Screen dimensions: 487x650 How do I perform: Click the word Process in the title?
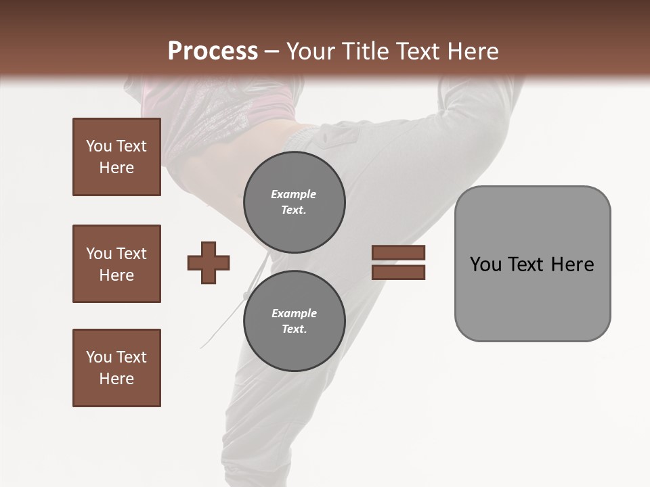213,51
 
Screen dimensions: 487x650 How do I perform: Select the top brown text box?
116,157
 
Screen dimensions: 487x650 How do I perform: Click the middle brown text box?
116,264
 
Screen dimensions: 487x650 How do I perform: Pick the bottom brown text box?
116,368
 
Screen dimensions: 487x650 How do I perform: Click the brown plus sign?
209,262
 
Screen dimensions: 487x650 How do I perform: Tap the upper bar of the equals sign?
398,253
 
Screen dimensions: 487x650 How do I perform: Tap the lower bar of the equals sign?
398,272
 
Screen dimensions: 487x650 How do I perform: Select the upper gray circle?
295,202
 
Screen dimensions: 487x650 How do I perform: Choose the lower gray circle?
295,321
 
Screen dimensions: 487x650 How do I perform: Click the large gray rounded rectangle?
532,263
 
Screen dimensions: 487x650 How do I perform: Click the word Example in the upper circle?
294,194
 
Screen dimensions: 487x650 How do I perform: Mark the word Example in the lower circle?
294,313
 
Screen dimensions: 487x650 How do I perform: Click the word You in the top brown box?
99,146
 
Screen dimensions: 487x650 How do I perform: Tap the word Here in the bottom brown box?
116,379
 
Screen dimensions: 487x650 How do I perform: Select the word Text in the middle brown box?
131,254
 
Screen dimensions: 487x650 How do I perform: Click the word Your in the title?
313,51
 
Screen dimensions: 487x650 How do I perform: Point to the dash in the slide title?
272,51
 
